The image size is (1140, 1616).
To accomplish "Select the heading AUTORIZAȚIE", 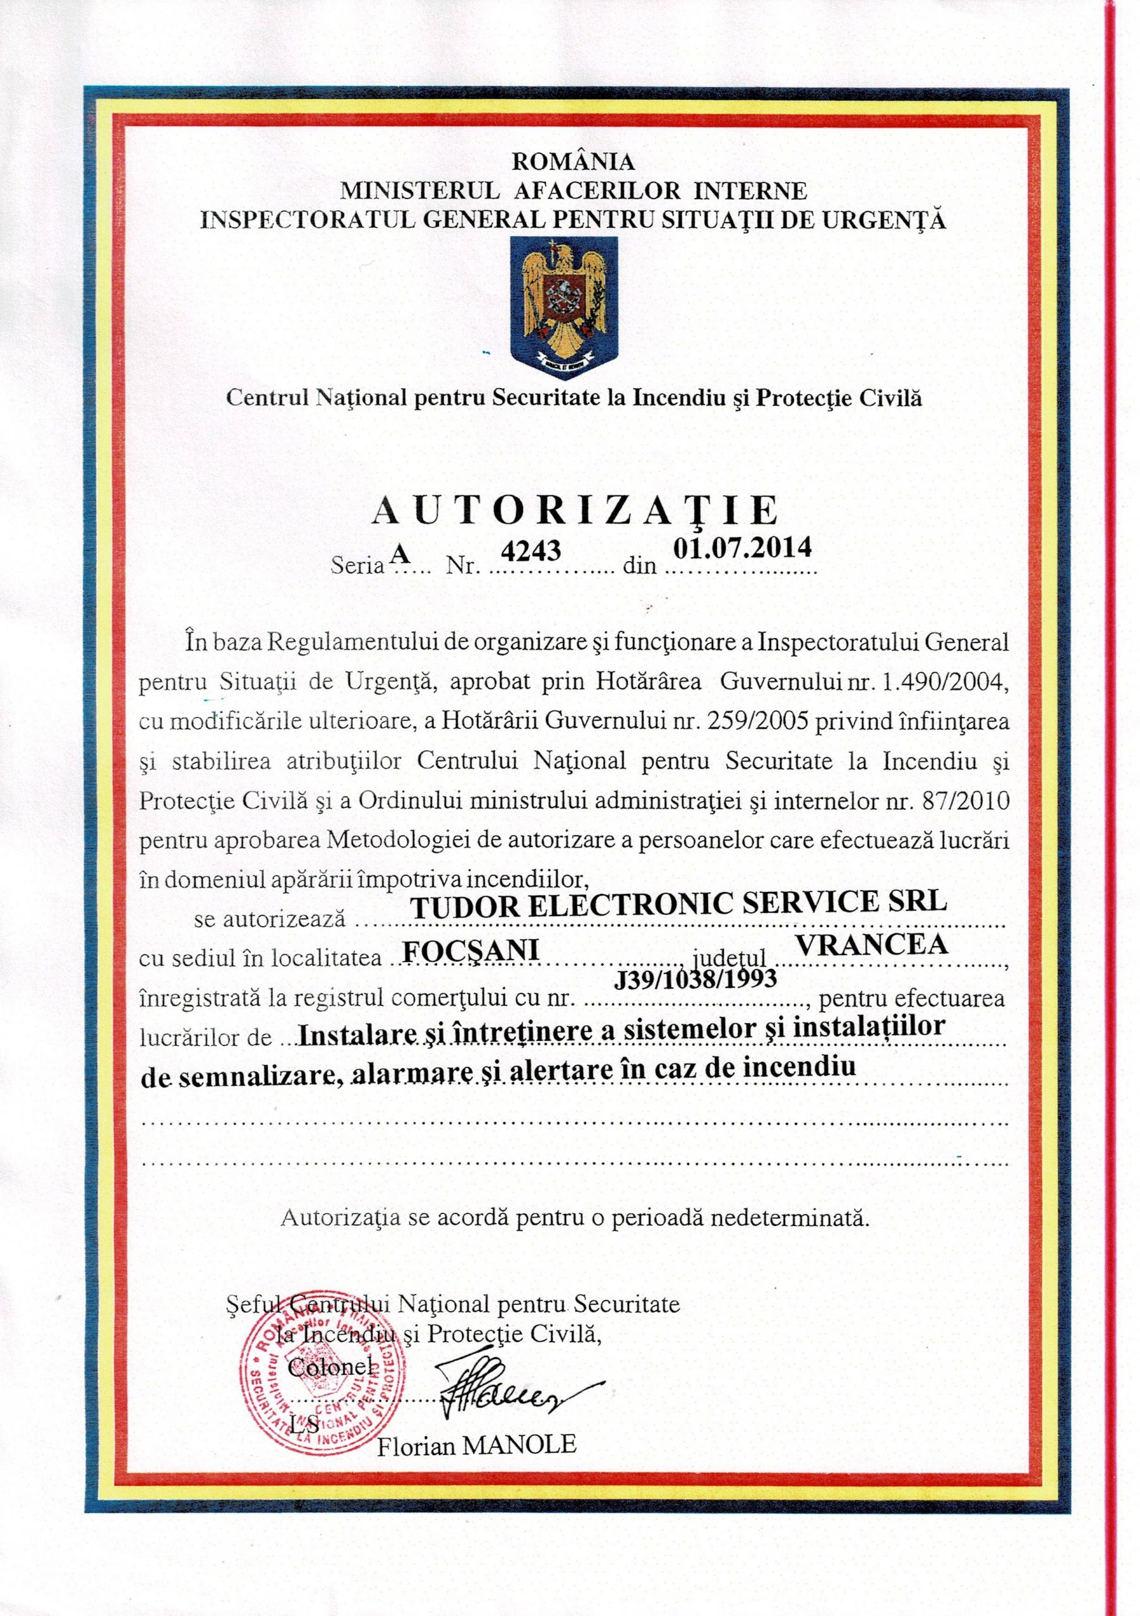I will (x=574, y=510).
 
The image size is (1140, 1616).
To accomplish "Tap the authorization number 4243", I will (x=534, y=550).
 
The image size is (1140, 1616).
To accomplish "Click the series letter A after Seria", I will (x=400, y=553).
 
